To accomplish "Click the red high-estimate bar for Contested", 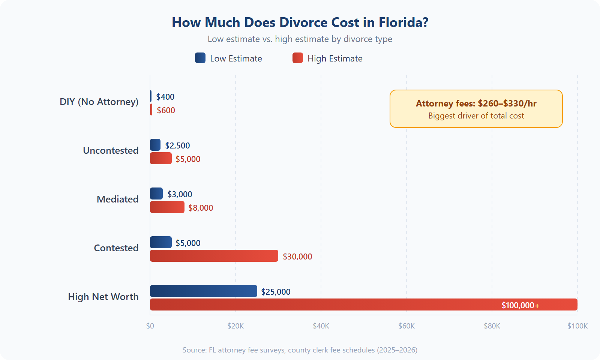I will pyautogui.click(x=214, y=256).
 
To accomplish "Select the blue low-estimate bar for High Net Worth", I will pyautogui.click(x=203, y=291).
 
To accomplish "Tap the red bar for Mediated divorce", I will pyautogui.click(x=167, y=207).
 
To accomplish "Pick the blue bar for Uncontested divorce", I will pyautogui.click(x=155, y=145).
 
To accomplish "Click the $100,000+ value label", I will pyautogui.click(x=520, y=305).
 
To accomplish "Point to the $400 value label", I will pyautogui.click(x=165, y=97).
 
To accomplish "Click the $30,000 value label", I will pyautogui.click(x=297, y=256).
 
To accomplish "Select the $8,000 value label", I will pyautogui.click(x=200, y=208).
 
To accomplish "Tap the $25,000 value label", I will pyautogui.click(x=276, y=292).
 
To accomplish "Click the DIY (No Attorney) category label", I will pyautogui.click(x=99, y=102).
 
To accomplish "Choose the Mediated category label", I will pyautogui.click(x=117, y=199).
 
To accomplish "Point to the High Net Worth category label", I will pyautogui.click(x=103, y=297).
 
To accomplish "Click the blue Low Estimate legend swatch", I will pyautogui.click(x=200, y=58).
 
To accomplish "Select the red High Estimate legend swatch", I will pyautogui.click(x=298, y=58).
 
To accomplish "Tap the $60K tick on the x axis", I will pyautogui.click(x=406, y=326).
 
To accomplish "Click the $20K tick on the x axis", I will pyautogui.click(x=235, y=326).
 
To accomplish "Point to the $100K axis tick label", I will pyautogui.click(x=577, y=326).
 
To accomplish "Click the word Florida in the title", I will pyautogui.click(x=403, y=22).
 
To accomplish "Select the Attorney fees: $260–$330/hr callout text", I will pyautogui.click(x=476, y=103).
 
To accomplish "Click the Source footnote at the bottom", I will pyautogui.click(x=300, y=350).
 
